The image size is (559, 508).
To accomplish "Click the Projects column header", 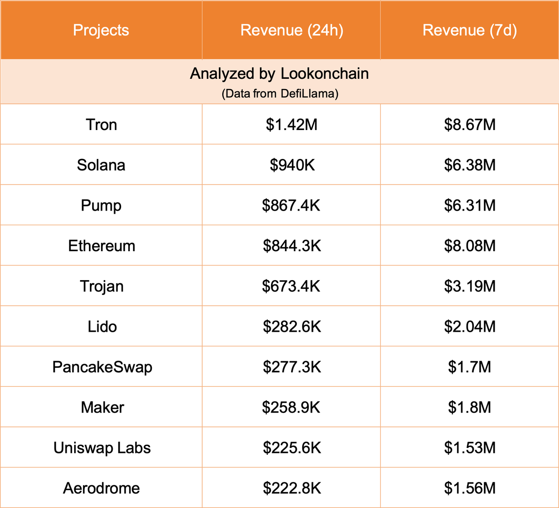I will pos(101,30).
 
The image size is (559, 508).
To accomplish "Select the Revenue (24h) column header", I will pos(292,30).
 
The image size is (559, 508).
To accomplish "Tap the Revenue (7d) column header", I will pos(470,30).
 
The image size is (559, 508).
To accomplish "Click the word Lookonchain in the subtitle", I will pos(325,74).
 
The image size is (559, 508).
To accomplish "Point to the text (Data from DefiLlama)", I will pos(279,94).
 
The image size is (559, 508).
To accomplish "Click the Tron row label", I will pos(101,125).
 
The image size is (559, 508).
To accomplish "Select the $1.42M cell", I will pos(292,125).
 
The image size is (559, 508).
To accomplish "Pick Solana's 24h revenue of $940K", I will pos(292,165).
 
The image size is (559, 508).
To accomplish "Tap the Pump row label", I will pos(101,206).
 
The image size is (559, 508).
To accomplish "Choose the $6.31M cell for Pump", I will pos(470,206).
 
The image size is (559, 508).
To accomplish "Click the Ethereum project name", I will pos(102,246).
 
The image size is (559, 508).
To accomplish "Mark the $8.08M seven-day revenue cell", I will pos(470,246).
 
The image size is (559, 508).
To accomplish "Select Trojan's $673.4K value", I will pos(292,286).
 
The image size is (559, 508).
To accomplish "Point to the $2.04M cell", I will pos(470,327).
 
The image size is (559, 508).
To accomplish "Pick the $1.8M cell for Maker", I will pos(470,407).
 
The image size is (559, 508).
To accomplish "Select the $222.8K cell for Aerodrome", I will pos(292,488).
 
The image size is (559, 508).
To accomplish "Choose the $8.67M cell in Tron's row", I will pos(470,125).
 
